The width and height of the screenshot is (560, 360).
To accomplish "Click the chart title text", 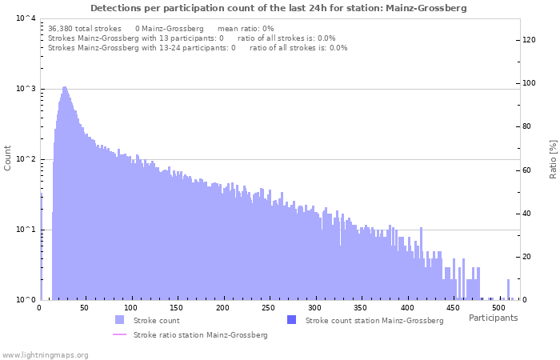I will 278,8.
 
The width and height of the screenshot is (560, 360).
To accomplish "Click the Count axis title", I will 8,158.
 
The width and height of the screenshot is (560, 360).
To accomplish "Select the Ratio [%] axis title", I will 553,158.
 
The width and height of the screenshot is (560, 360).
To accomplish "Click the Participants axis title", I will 493,318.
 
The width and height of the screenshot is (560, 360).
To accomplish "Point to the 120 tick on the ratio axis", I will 529,39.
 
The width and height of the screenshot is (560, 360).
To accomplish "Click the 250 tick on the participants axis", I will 222,308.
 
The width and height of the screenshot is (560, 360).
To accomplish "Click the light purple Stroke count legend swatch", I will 119,320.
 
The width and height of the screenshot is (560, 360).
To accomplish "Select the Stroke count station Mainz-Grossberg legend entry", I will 374,321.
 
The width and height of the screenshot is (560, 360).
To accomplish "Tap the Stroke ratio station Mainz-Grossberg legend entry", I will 200,335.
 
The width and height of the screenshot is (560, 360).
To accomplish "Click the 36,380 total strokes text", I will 85,28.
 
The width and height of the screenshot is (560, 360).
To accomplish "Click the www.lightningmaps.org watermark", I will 45,354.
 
